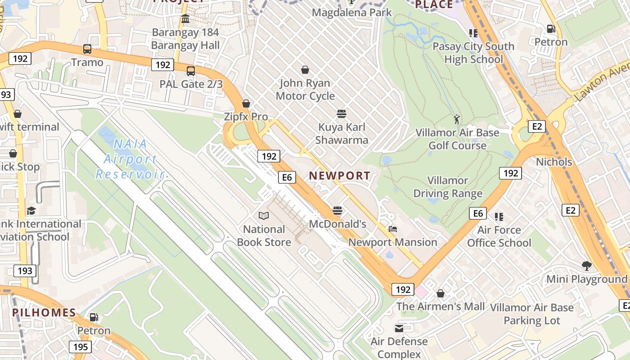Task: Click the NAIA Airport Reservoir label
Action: pyautogui.click(x=130, y=159)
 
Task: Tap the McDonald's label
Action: pyautogui.click(x=337, y=224)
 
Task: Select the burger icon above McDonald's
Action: pyautogui.click(x=337, y=211)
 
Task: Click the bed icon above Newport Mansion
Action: pyautogui.click(x=393, y=229)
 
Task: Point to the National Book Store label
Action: pyautogui.click(x=264, y=235)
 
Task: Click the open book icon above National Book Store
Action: pyautogui.click(x=264, y=216)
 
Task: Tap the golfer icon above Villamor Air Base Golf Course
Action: pyautogui.click(x=457, y=119)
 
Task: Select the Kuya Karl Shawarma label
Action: pyautogui.click(x=342, y=134)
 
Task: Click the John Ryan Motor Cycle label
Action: pyautogui.click(x=305, y=90)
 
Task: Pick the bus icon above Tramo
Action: pyautogui.click(x=87, y=49)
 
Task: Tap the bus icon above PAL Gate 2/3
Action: pyautogui.click(x=191, y=71)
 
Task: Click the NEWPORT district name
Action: pyautogui.click(x=340, y=176)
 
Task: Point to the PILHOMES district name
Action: pyautogui.click(x=44, y=313)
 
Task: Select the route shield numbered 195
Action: pyautogui.click(x=81, y=347)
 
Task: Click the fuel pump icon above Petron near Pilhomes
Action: pyautogui.click(x=94, y=317)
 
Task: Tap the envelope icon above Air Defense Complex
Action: pyautogui.click(x=399, y=328)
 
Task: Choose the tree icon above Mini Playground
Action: pyautogui.click(x=586, y=266)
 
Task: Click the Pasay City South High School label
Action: pyautogui.click(x=473, y=53)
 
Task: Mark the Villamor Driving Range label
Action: pyautogui.click(x=448, y=187)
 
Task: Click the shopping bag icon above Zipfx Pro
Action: pyautogui.click(x=246, y=103)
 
